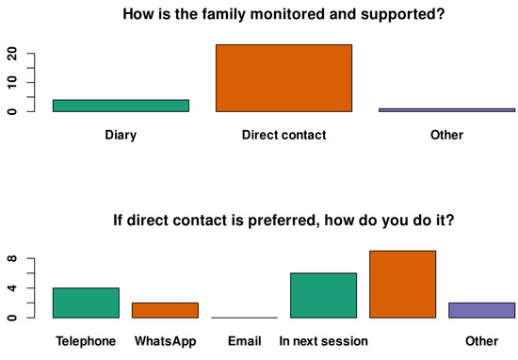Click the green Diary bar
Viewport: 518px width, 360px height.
(x=121, y=106)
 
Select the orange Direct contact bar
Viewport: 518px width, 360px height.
(x=283, y=78)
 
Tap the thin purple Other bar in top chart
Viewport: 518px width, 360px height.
(x=447, y=110)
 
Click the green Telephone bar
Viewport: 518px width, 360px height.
(x=86, y=303)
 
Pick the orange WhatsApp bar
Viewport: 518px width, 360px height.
(x=165, y=310)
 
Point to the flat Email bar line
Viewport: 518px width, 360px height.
(x=245, y=318)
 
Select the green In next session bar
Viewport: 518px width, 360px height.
(x=323, y=296)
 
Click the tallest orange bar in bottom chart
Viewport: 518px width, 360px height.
(x=403, y=285)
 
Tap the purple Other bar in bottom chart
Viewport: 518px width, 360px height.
(x=482, y=310)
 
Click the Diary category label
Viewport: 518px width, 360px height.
(x=121, y=135)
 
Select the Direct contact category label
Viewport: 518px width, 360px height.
(x=283, y=135)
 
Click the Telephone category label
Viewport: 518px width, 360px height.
(x=86, y=341)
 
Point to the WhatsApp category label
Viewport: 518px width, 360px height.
(x=165, y=341)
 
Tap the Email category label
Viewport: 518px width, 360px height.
(x=245, y=341)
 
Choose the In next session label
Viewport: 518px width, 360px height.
(x=323, y=341)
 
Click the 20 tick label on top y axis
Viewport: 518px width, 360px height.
(x=12, y=54)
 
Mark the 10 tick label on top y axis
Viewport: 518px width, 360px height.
(x=12, y=83)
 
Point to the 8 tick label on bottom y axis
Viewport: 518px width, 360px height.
(x=12, y=258)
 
